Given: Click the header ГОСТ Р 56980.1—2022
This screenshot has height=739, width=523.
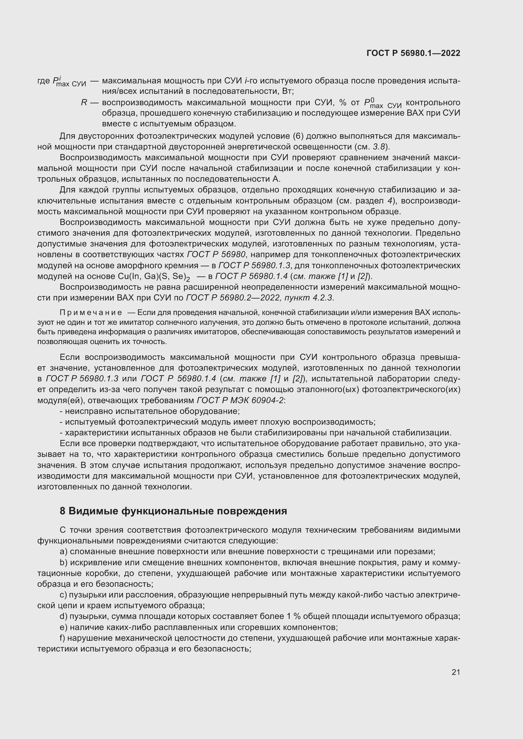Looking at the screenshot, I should pos(413,53).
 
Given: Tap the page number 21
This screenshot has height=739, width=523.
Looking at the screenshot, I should pos(456,672).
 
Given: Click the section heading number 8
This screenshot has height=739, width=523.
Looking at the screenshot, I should pos(63,511).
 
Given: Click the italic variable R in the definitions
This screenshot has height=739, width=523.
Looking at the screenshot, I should pos(84,103).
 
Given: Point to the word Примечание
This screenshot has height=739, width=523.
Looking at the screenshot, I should pos(91,312).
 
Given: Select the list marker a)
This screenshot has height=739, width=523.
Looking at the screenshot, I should pos(64,552).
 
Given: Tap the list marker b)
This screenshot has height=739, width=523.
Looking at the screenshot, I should pos(64,563).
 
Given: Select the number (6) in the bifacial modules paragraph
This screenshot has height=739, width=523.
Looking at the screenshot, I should pos(298,136).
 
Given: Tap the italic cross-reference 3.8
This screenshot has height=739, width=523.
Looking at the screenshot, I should pos(380,147).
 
